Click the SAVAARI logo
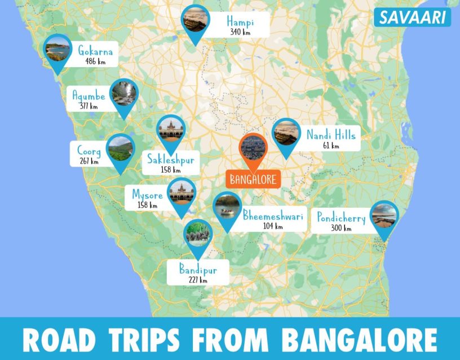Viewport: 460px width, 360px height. pyautogui.click(x=412, y=17)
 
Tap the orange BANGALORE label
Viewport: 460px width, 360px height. pyautogui.click(x=253, y=180)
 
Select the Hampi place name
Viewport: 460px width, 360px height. pyautogui.click(x=240, y=22)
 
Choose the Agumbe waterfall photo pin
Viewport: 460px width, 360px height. pyautogui.click(x=125, y=94)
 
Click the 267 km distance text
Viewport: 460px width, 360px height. pyautogui.click(x=89, y=161)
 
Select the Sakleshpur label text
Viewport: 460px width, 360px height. pyautogui.click(x=170, y=160)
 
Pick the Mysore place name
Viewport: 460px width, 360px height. pyautogui.click(x=147, y=195)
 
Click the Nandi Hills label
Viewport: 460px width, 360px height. pyautogui.click(x=331, y=135)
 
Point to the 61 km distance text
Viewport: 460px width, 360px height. pyautogui.click(x=331, y=146)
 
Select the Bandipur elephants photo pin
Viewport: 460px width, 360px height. pyautogui.click(x=198, y=233)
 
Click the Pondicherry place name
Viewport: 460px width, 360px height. pyautogui.click(x=341, y=218)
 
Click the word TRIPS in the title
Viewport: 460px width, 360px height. pyautogui.click(x=143, y=339)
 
